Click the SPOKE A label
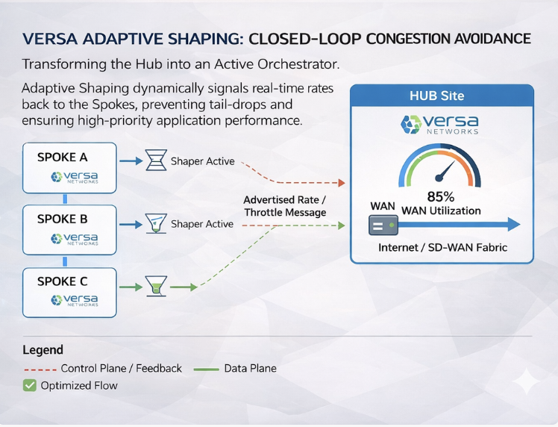[x=62, y=158]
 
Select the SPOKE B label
[x=62, y=219]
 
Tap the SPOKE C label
[x=62, y=281]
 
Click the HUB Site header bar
[x=442, y=96]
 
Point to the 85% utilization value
[x=440, y=197]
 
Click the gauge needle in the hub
[x=445, y=172]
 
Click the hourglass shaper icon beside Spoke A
[x=155, y=160]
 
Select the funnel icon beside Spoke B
[x=155, y=223]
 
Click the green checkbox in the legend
[x=29, y=385]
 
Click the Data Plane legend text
[x=250, y=368]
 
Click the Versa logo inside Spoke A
[x=74, y=178]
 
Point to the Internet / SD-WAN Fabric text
[x=442, y=247]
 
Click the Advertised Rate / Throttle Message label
[x=284, y=206]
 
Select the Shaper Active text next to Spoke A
[x=202, y=161]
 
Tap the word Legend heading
[x=43, y=349]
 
